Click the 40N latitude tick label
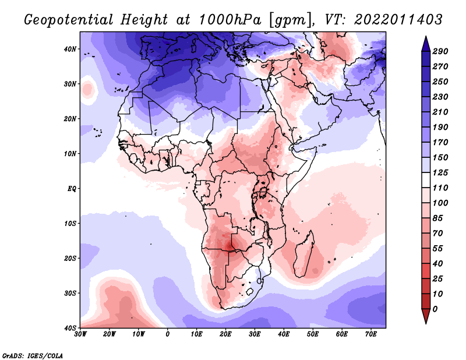pos(70,49)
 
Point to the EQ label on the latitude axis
pos(71,189)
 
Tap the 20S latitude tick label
pos(70,258)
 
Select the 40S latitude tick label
pos(70,328)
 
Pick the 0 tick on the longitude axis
pos(168,334)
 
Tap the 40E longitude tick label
pos(284,334)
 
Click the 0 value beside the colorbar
pos(435,308)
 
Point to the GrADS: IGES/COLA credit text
pos(33,354)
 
